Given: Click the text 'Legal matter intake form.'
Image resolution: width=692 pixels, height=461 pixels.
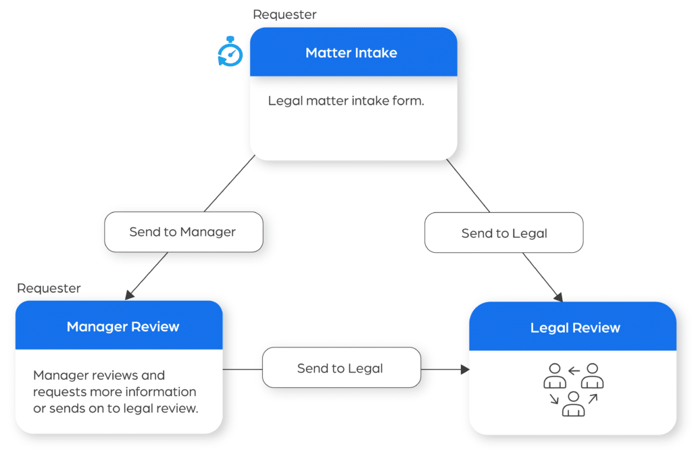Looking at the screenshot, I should [346, 101].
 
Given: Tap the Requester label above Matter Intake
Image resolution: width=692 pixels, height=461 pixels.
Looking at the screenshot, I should [285, 14].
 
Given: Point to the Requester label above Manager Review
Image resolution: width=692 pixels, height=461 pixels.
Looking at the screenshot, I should [49, 288].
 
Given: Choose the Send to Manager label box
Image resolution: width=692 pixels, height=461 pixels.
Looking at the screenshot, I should [182, 232].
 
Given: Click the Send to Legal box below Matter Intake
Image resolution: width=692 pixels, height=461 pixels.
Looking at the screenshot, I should [503, 233].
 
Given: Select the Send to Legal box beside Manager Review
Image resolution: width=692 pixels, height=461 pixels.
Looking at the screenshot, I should [341, 368].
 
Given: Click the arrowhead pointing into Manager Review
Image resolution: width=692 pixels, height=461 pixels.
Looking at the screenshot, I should [128, 295].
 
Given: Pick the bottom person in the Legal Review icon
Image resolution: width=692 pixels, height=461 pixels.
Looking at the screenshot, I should [573, 404].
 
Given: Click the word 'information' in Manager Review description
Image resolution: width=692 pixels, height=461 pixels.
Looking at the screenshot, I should [163, 391].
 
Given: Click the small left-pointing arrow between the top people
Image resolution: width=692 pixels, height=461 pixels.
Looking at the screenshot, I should [574, 370].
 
